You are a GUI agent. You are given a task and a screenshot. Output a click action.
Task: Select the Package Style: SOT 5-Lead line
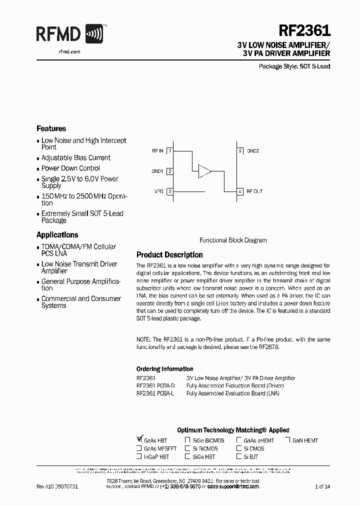[x=294, y=66]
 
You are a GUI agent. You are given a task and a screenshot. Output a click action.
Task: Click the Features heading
[x=51, y=128]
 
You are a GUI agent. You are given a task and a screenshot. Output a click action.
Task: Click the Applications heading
[x=57, y=234]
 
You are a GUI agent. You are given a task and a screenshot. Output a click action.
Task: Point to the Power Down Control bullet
[x=70, y=168]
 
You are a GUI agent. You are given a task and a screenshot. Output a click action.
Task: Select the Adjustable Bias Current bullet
[x=75, y=157]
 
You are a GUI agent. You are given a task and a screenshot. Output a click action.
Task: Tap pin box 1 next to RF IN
[x=170, y=150]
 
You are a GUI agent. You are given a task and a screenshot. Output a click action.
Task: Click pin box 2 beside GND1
[x=170, y=171]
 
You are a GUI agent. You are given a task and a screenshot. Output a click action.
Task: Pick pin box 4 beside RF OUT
[x=240, y=191]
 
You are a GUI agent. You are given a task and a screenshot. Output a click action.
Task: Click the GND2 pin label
[x=253, y=150]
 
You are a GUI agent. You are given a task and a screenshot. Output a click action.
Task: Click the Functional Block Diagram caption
[x=233, y=240]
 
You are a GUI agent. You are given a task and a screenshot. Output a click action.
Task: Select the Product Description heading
[x=169, y=254]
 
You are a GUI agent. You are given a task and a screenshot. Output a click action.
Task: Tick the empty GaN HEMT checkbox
[x=288, y=440]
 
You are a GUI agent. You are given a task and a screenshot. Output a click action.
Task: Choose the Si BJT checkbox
[x=239, y=456]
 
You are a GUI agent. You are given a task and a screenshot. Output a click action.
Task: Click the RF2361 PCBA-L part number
[x=155, y=393]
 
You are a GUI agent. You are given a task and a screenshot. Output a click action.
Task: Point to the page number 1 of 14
[x=322, y=486]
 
